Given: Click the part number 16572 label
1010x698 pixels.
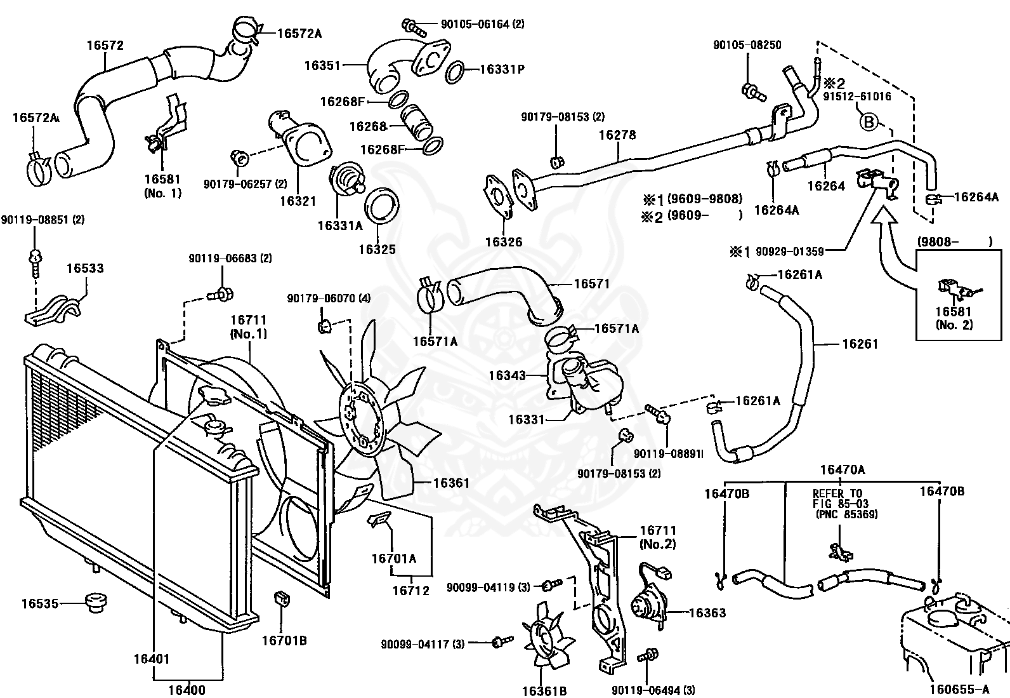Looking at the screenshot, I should (105, 46).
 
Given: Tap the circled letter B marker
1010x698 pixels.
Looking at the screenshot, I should (869, 121).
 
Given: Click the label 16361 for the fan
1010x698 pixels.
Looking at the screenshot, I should (451, 483).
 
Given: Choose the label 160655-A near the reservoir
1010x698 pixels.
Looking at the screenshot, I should (959, 688).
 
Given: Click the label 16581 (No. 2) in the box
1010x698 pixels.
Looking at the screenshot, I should (954, 318).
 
